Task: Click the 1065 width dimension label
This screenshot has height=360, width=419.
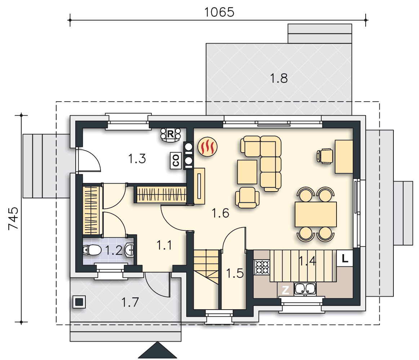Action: point(219,12)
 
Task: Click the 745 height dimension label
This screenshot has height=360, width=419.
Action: point(13,218)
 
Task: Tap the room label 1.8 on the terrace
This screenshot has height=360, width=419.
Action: point(279,78)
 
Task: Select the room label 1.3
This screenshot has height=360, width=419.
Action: point(137,159)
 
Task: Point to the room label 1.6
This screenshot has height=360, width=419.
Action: point(220,213)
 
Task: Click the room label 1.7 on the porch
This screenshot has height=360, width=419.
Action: point(130,302)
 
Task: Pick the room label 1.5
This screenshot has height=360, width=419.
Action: point(235,273)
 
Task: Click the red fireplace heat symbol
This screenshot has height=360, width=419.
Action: point(208,147)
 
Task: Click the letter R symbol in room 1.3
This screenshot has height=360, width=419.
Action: point(170,134)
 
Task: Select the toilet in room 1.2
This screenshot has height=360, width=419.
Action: point(92,250)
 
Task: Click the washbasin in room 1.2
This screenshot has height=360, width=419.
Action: point(130,250)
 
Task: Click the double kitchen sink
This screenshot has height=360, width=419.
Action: point(305,289)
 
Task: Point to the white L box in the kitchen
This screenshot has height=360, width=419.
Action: point(345,258)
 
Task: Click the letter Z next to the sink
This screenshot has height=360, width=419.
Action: point(285,290)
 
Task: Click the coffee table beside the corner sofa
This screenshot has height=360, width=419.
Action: point(247,172)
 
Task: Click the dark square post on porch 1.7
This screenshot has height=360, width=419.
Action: point(79,302)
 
